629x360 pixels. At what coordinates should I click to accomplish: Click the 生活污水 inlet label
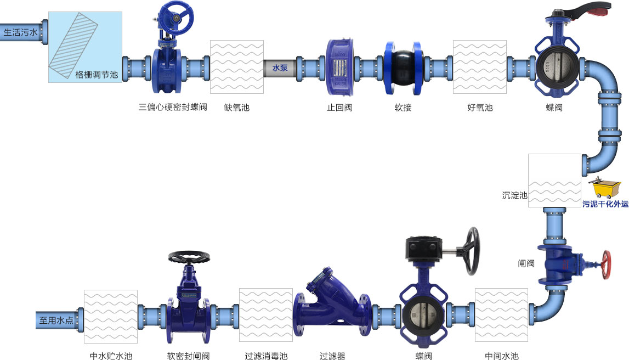pyautogui.click(x=20, y=32)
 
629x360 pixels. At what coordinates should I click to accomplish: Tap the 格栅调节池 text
pyautogui.click(x=97, y=75)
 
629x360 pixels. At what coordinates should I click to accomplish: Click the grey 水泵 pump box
pyautogui.click(x=280, y=68)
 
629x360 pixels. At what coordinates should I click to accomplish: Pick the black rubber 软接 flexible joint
pyautogui.click(x=403, y=68)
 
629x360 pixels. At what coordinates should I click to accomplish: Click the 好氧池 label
pyautogui.click(x=480, y=108)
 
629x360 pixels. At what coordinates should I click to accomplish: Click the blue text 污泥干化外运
pyautogui.click(x=605, y=204)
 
